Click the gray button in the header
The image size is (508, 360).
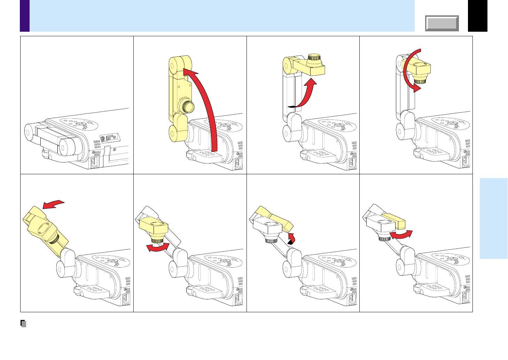442,23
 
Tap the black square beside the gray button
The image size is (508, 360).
477,16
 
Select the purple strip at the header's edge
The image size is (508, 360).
25,16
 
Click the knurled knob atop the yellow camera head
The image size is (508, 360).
315,57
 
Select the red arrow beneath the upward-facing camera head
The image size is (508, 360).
306,94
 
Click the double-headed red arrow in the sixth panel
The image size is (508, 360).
158,247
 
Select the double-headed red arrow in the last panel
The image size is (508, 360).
401,235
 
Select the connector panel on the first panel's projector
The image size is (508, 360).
109,138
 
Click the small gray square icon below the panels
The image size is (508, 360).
23,324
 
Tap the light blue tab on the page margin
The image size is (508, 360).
493,219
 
